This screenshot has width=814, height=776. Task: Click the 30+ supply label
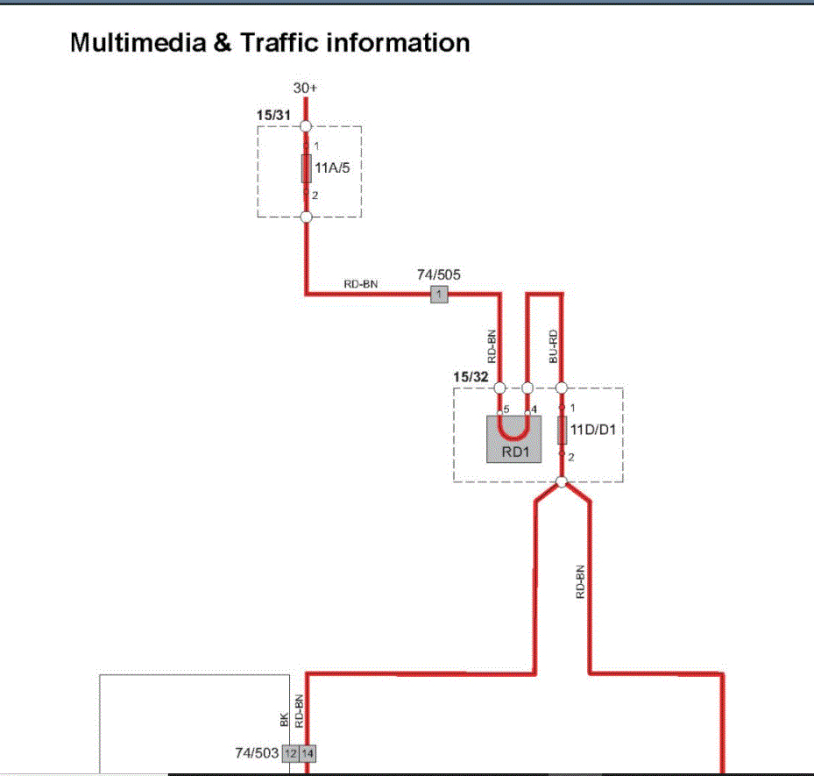click(305, 89)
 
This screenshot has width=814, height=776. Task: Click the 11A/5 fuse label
click(332, 167)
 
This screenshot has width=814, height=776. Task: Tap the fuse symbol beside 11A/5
click(306, 167)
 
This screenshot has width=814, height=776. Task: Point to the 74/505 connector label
click(439, 275)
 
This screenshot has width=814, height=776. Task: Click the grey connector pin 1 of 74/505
click(439, 295)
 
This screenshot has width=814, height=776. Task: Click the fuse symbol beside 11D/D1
click(562, 431)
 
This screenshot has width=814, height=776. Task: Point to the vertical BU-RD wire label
click(553, 346)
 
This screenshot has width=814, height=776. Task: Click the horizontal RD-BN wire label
click(361, 283)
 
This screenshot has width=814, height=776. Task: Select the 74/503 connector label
click(256, 752)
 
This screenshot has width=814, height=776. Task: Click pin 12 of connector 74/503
click(290, 753)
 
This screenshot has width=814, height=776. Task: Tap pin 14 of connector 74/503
click(308, 753)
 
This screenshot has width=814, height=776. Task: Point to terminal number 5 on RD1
click(506, 409)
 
